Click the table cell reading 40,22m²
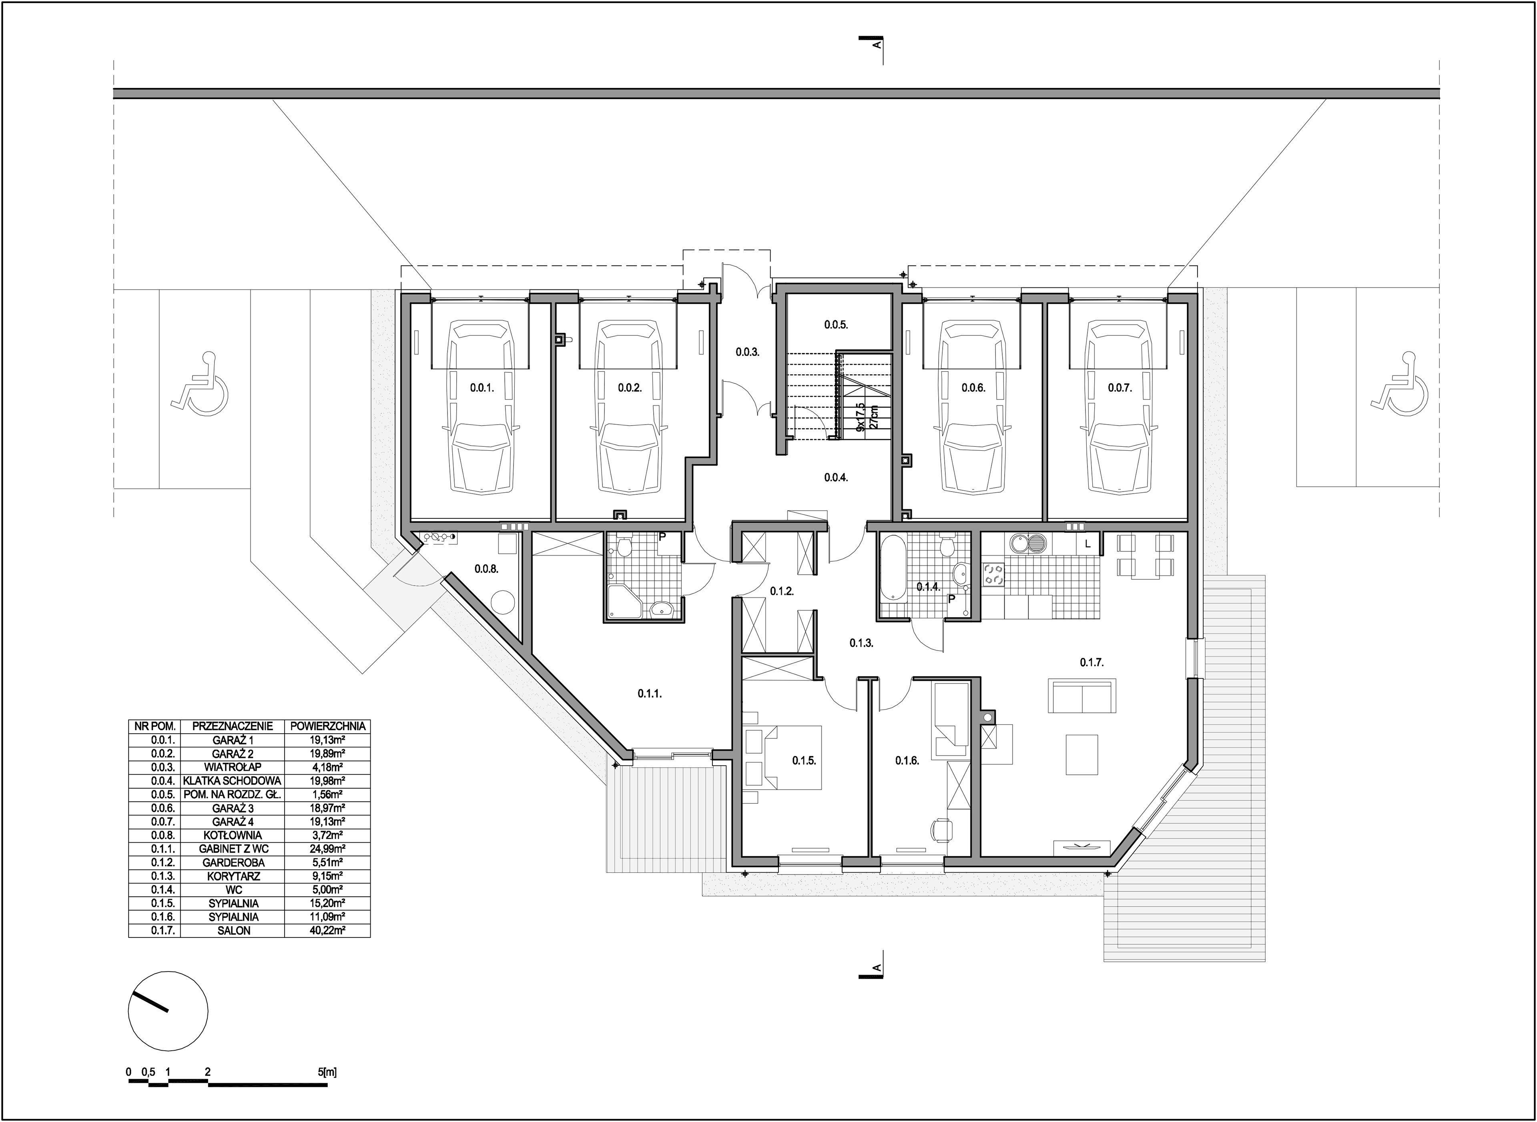pyautogui.click(x=327, y=931)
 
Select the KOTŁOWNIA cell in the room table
pyautogui.click(x=232, y=835)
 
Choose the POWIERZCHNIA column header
pyautogui.click(x=327, y=726)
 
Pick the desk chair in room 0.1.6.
pyautogui.click(x=941, y=829)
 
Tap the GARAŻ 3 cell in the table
pyautogui.click(x=232, y=808)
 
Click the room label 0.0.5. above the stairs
pyautogui.click(x=836, y=325)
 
